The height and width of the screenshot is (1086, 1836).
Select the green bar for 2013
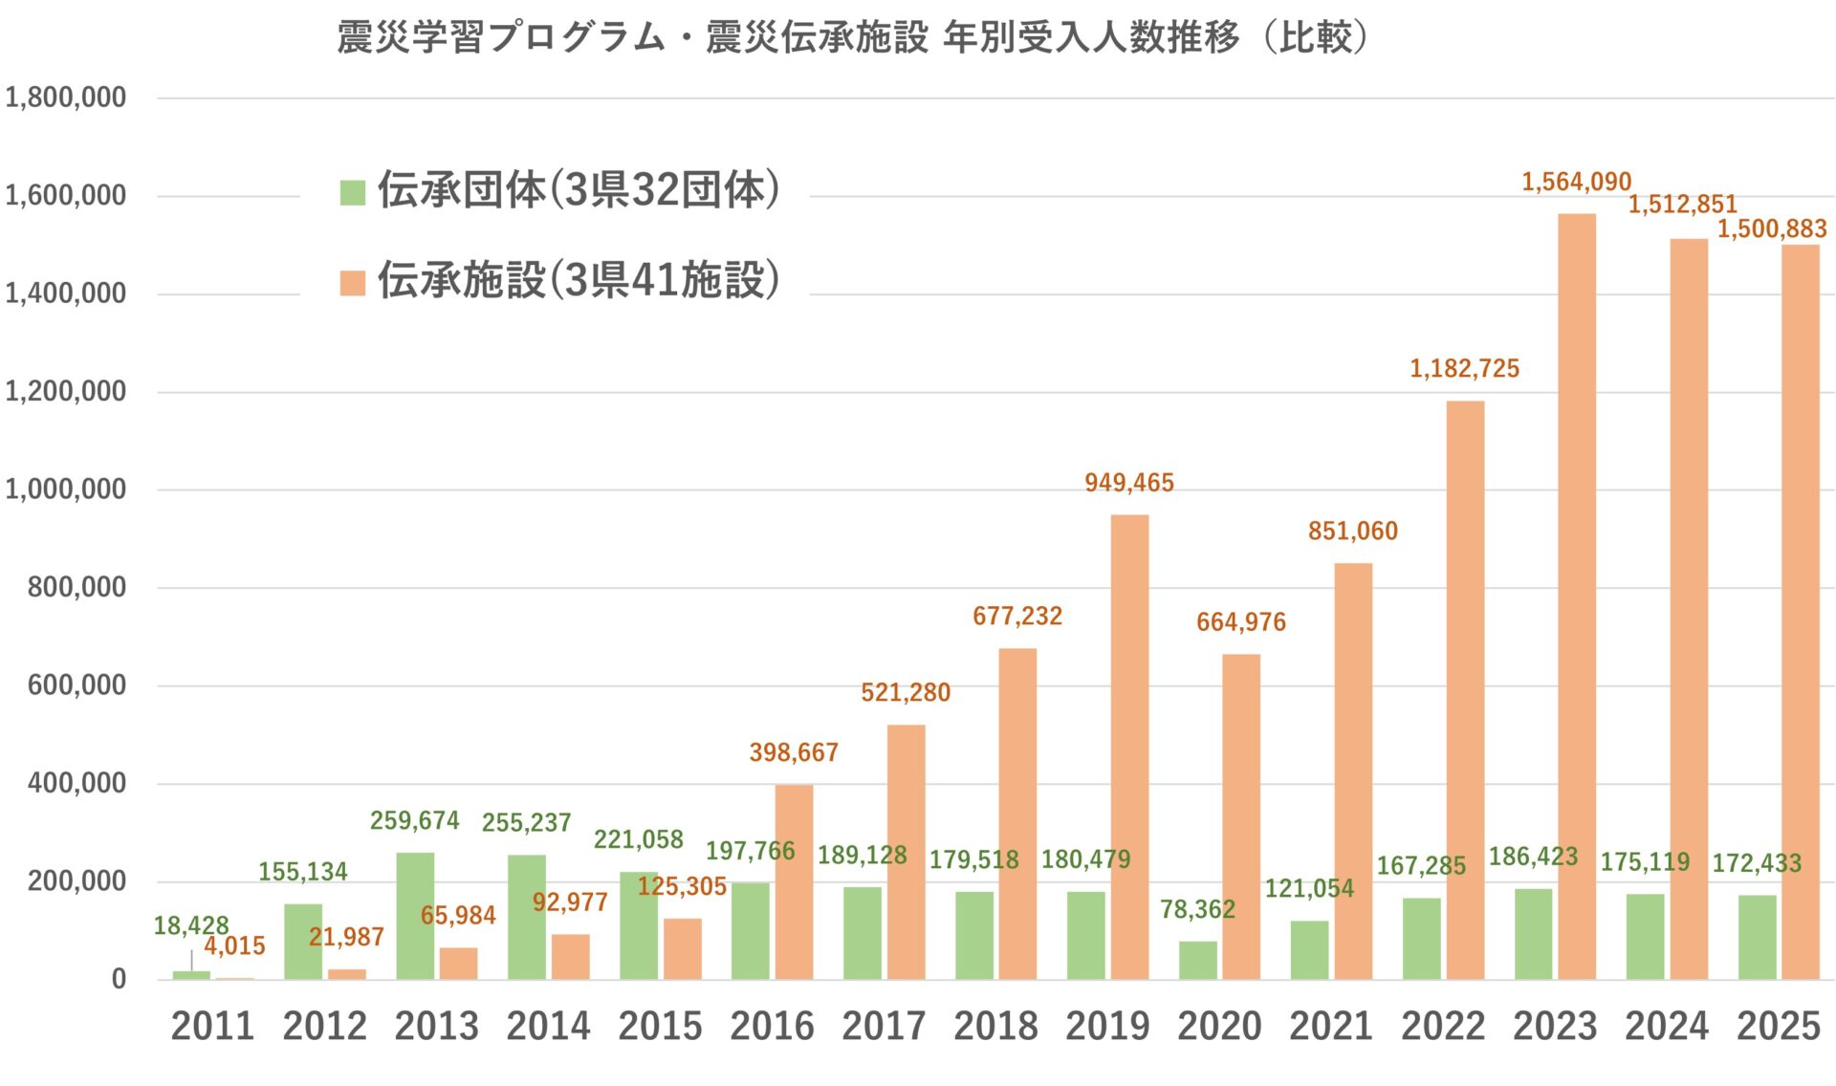point(415,916)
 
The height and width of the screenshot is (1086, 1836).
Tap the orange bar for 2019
point(1129,747)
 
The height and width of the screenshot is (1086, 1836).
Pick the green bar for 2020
point(1197,960)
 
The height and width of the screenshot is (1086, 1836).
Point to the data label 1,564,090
point(1576,182)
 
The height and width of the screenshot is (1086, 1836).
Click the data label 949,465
point(1128,483)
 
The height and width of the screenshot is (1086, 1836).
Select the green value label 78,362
point(1197,909)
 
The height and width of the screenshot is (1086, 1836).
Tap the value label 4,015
point(234,946)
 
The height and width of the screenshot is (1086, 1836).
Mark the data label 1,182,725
point(1464,369)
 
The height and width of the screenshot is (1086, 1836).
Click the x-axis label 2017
point(884,1027)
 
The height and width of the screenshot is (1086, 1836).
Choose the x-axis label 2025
point(1778,1027)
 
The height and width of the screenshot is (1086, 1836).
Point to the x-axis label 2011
point(212,1027)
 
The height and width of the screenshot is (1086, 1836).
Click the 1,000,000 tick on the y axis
point(65,489)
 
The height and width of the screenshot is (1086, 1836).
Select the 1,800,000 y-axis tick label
point(65,98)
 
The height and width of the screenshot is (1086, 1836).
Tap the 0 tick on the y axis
point(119,979)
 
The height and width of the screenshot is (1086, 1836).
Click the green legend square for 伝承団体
point(353,192)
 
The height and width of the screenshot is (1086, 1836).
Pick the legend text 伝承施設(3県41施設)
point(578,280)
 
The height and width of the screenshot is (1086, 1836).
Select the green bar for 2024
point(1645,937)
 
